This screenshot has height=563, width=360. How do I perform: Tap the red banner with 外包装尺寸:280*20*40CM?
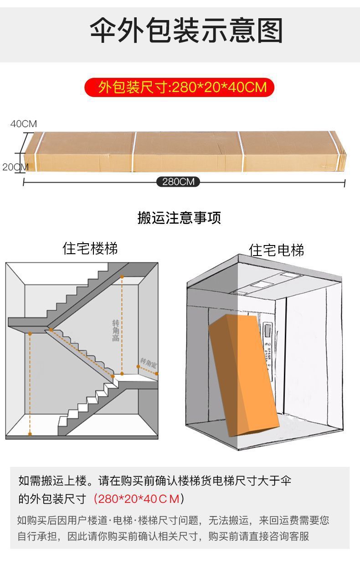pyautogui.click(x=180, y=87)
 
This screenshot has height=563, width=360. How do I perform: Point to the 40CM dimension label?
pyautogui.click(x=24, y=124)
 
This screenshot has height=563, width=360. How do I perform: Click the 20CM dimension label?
pyautogui.click(x=15, y=167)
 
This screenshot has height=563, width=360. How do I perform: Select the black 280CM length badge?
pyautogui.click(x=178, y=182)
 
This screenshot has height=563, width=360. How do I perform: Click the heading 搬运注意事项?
pyautogui.click(x=179, y=218)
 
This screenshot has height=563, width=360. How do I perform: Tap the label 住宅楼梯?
pyautogui.click(x=90, y=249)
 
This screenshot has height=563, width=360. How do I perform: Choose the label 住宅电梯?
pyautogui.click(x=277, y=250)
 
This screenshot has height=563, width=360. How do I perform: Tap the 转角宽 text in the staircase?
pyautogui.click(x=148, y=363)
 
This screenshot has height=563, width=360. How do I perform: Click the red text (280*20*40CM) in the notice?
pyautogui.click(x=139, y=499)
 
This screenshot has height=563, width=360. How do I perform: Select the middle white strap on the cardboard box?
pyautogui.click(x=134, y=152)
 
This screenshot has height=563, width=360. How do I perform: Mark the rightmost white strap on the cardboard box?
pyautogui.click(x=240, y=152)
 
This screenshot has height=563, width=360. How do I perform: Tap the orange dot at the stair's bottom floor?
pyautogui.click(x=30, y=433)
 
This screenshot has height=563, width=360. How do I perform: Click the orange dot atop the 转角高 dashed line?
pyautogui.click(x=122, y=276)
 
